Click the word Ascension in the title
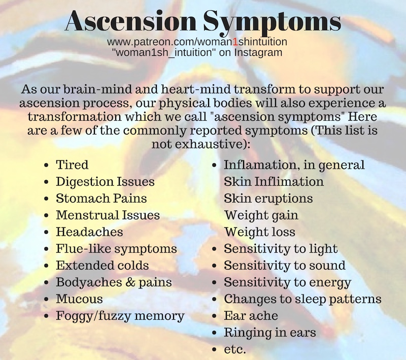tap(131, 21)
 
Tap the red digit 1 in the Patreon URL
tap(235, 42)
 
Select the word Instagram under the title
tap(258, 52)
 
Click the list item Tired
tap(72, 165)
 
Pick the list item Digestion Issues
tap(105, 182)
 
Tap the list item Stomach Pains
tap(101, 199)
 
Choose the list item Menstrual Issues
tap(108, 215)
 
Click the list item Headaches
tap(89, 232)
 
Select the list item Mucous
tap(79, 299)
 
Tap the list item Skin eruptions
tap(268, 199)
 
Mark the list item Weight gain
tap(261, 216)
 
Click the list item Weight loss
tap(259, 232)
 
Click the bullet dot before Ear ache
tap(214, 316)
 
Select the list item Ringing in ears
tap(270, 333)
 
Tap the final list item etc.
tap(234, 349)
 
